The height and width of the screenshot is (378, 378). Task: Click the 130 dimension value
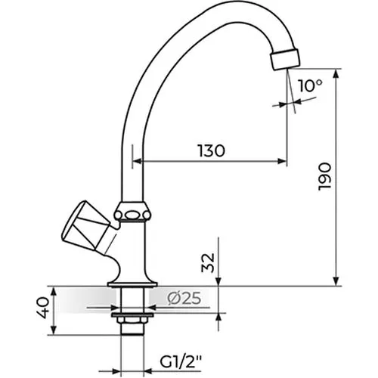point(211,150)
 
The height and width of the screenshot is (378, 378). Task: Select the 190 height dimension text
point(324,177)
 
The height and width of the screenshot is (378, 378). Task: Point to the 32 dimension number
point(208,263)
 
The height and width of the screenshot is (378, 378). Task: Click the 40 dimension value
point(42,308)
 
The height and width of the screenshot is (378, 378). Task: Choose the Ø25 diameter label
point(184,299)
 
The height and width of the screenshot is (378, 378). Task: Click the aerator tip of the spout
point(286,60)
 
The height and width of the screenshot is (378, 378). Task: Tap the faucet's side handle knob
point(85,227)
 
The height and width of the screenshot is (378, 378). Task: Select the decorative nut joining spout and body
point(132,212)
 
